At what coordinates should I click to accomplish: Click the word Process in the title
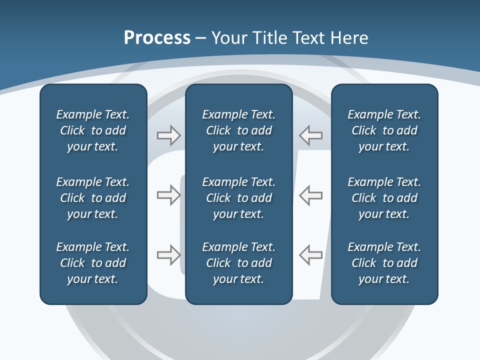click(157, 38)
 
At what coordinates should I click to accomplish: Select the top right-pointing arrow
click(168, 135)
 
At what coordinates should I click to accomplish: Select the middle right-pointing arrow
click(168, 195)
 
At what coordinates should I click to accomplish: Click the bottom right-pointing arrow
click(168, 255)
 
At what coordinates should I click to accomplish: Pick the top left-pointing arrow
click(311, 135)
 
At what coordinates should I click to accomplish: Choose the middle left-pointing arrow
click(311, 195)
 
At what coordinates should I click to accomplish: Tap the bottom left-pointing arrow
click(311, 255)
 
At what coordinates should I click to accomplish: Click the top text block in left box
click(93, 130)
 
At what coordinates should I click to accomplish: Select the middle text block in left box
click(93, 198)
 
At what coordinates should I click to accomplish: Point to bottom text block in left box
click(93, 263)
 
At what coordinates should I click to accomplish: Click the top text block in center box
click(239, 130)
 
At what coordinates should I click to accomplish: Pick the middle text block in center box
click(239, 198)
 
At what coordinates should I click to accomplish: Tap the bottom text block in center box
click(239, 263)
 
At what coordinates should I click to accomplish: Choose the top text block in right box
click(384, 130)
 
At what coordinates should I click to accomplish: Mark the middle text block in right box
click(384, 198)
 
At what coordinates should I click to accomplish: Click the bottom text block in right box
click(384, 263)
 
